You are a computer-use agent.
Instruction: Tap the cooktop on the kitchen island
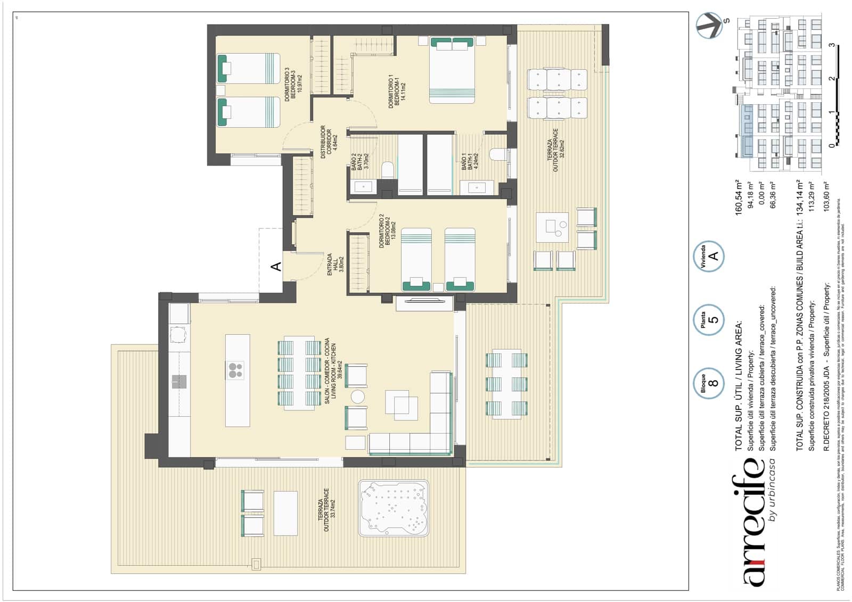click(235, 370)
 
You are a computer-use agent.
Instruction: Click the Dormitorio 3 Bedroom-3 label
click(293, 84)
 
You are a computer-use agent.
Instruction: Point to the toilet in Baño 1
click(498, 154)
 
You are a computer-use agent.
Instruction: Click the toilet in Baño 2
click(388, 170)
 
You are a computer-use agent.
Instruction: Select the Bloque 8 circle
click(709, 382)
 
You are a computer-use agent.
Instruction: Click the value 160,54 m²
click(739, 197)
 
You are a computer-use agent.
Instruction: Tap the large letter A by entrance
click(276, 266)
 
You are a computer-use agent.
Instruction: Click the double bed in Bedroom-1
click(452, 69)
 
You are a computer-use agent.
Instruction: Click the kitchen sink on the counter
click(179, 381)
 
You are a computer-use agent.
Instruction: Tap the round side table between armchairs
click(357, 397)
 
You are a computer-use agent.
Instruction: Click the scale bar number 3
click(832, 45)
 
